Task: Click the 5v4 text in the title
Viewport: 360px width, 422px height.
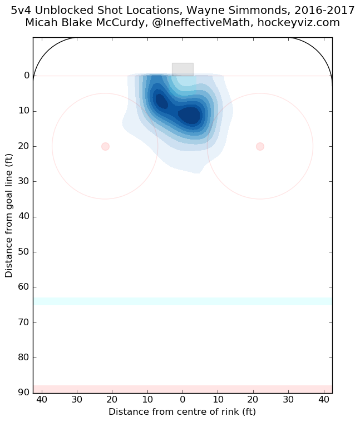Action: tap(22, 11)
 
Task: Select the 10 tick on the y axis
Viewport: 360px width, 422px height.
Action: tap(24, 111)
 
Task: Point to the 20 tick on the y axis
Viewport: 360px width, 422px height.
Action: tap(24, 146)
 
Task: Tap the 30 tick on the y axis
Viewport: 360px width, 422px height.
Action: tap(24, 181)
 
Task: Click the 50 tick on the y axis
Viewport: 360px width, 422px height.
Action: tap(24, 252)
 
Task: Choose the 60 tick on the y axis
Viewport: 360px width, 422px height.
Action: tap(24, 287)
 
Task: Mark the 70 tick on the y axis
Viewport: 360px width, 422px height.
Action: tap(24, 322)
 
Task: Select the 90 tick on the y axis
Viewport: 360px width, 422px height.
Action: tap(24, 393)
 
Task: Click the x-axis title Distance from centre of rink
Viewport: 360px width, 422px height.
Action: tap(182, 412)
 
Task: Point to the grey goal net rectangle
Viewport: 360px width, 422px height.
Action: tap(183, 69)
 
